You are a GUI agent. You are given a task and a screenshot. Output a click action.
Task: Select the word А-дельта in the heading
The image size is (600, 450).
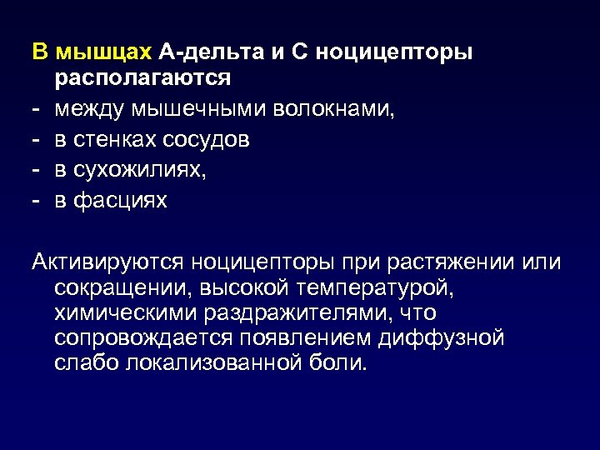[x=211, y=53]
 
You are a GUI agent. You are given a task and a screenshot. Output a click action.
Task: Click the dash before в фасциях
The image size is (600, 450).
[x=37, y=200]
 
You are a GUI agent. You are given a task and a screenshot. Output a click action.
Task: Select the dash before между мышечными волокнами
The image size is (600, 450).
[x=37, y=109]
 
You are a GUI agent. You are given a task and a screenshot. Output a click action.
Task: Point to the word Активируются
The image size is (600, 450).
[x=107, y=262]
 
